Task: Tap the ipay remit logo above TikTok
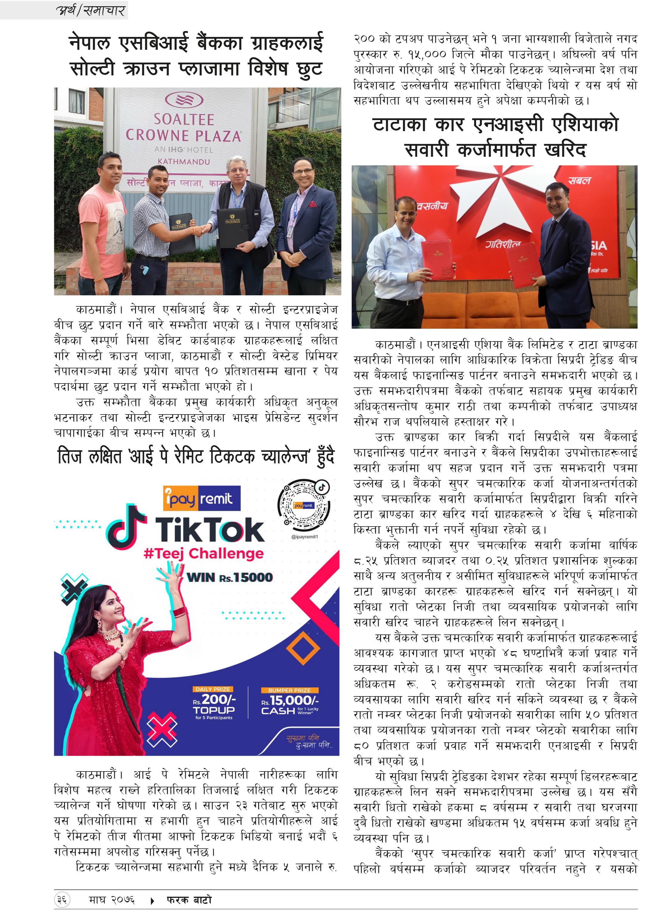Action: (201, 498)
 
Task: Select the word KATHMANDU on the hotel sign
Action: (184, 162)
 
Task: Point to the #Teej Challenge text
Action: (203, 553)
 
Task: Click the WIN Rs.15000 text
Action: (229, 577)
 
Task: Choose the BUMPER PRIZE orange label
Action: (289, 690)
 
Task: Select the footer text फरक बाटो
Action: (189, 900)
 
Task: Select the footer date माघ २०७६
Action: (112, 900)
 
